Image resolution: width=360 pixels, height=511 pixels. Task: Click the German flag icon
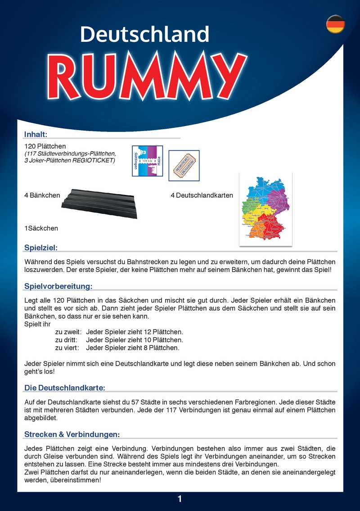(x=335, y=24)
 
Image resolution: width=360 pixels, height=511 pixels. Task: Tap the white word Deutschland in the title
(x=144, y=34)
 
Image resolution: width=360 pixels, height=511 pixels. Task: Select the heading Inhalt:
(x=36, y=134)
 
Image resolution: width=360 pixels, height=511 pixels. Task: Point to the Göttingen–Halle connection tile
(x=148, y=161)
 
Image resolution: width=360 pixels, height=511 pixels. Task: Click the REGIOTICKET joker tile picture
(x=184, y=166)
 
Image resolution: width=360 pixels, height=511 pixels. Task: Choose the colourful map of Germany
(x=265, y=209)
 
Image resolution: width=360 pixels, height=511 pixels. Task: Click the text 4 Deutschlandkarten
(x=202, y=195)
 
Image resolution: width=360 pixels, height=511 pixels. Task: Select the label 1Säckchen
(x=41, y=228)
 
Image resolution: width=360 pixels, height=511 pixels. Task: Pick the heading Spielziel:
(x=41, y=247)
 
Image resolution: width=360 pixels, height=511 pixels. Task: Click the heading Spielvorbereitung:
(x=58, y=286)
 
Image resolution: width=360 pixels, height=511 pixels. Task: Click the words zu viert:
(x=67, y=348)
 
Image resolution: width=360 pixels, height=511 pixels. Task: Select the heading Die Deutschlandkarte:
(x=65, y=388)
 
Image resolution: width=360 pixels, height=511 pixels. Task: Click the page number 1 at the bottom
(x=180, y=498)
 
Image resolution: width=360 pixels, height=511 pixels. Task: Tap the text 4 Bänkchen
(x=42, y=195)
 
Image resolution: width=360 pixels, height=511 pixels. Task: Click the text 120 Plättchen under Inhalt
(x=45, y=146)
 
